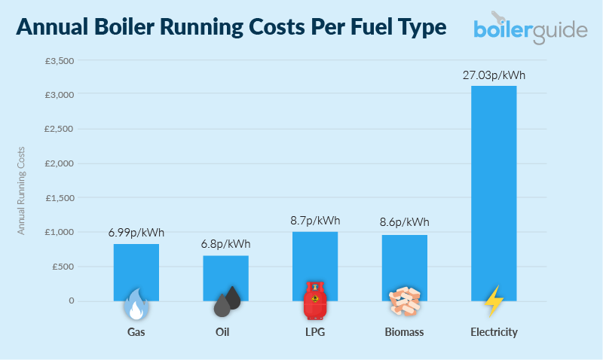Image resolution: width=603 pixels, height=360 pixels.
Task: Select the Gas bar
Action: [136, 271]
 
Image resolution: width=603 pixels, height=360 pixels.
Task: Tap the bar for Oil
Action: [225, 277]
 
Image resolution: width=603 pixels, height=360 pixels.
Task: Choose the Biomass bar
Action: [404, 267]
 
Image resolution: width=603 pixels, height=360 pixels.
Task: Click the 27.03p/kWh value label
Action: [494, 75]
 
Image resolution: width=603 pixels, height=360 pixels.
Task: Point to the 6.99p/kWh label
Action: [136, 233]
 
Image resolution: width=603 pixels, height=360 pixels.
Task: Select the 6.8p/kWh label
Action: [225, 244]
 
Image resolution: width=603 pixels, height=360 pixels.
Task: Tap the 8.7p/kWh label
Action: [315, 221]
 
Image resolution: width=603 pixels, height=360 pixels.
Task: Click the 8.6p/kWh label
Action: [404, 222]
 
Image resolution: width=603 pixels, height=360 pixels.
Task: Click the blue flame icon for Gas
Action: [136, 304]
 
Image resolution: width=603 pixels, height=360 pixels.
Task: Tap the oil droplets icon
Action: [227, 302]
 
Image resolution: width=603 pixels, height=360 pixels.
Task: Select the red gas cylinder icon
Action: [315, 301]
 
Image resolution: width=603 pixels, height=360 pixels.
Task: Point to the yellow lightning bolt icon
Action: [494, 301]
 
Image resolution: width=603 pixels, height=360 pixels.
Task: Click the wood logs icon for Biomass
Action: [404, 302]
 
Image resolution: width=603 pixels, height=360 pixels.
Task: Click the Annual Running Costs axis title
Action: [21, 181]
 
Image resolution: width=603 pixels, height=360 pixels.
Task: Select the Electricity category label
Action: [494, 332]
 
